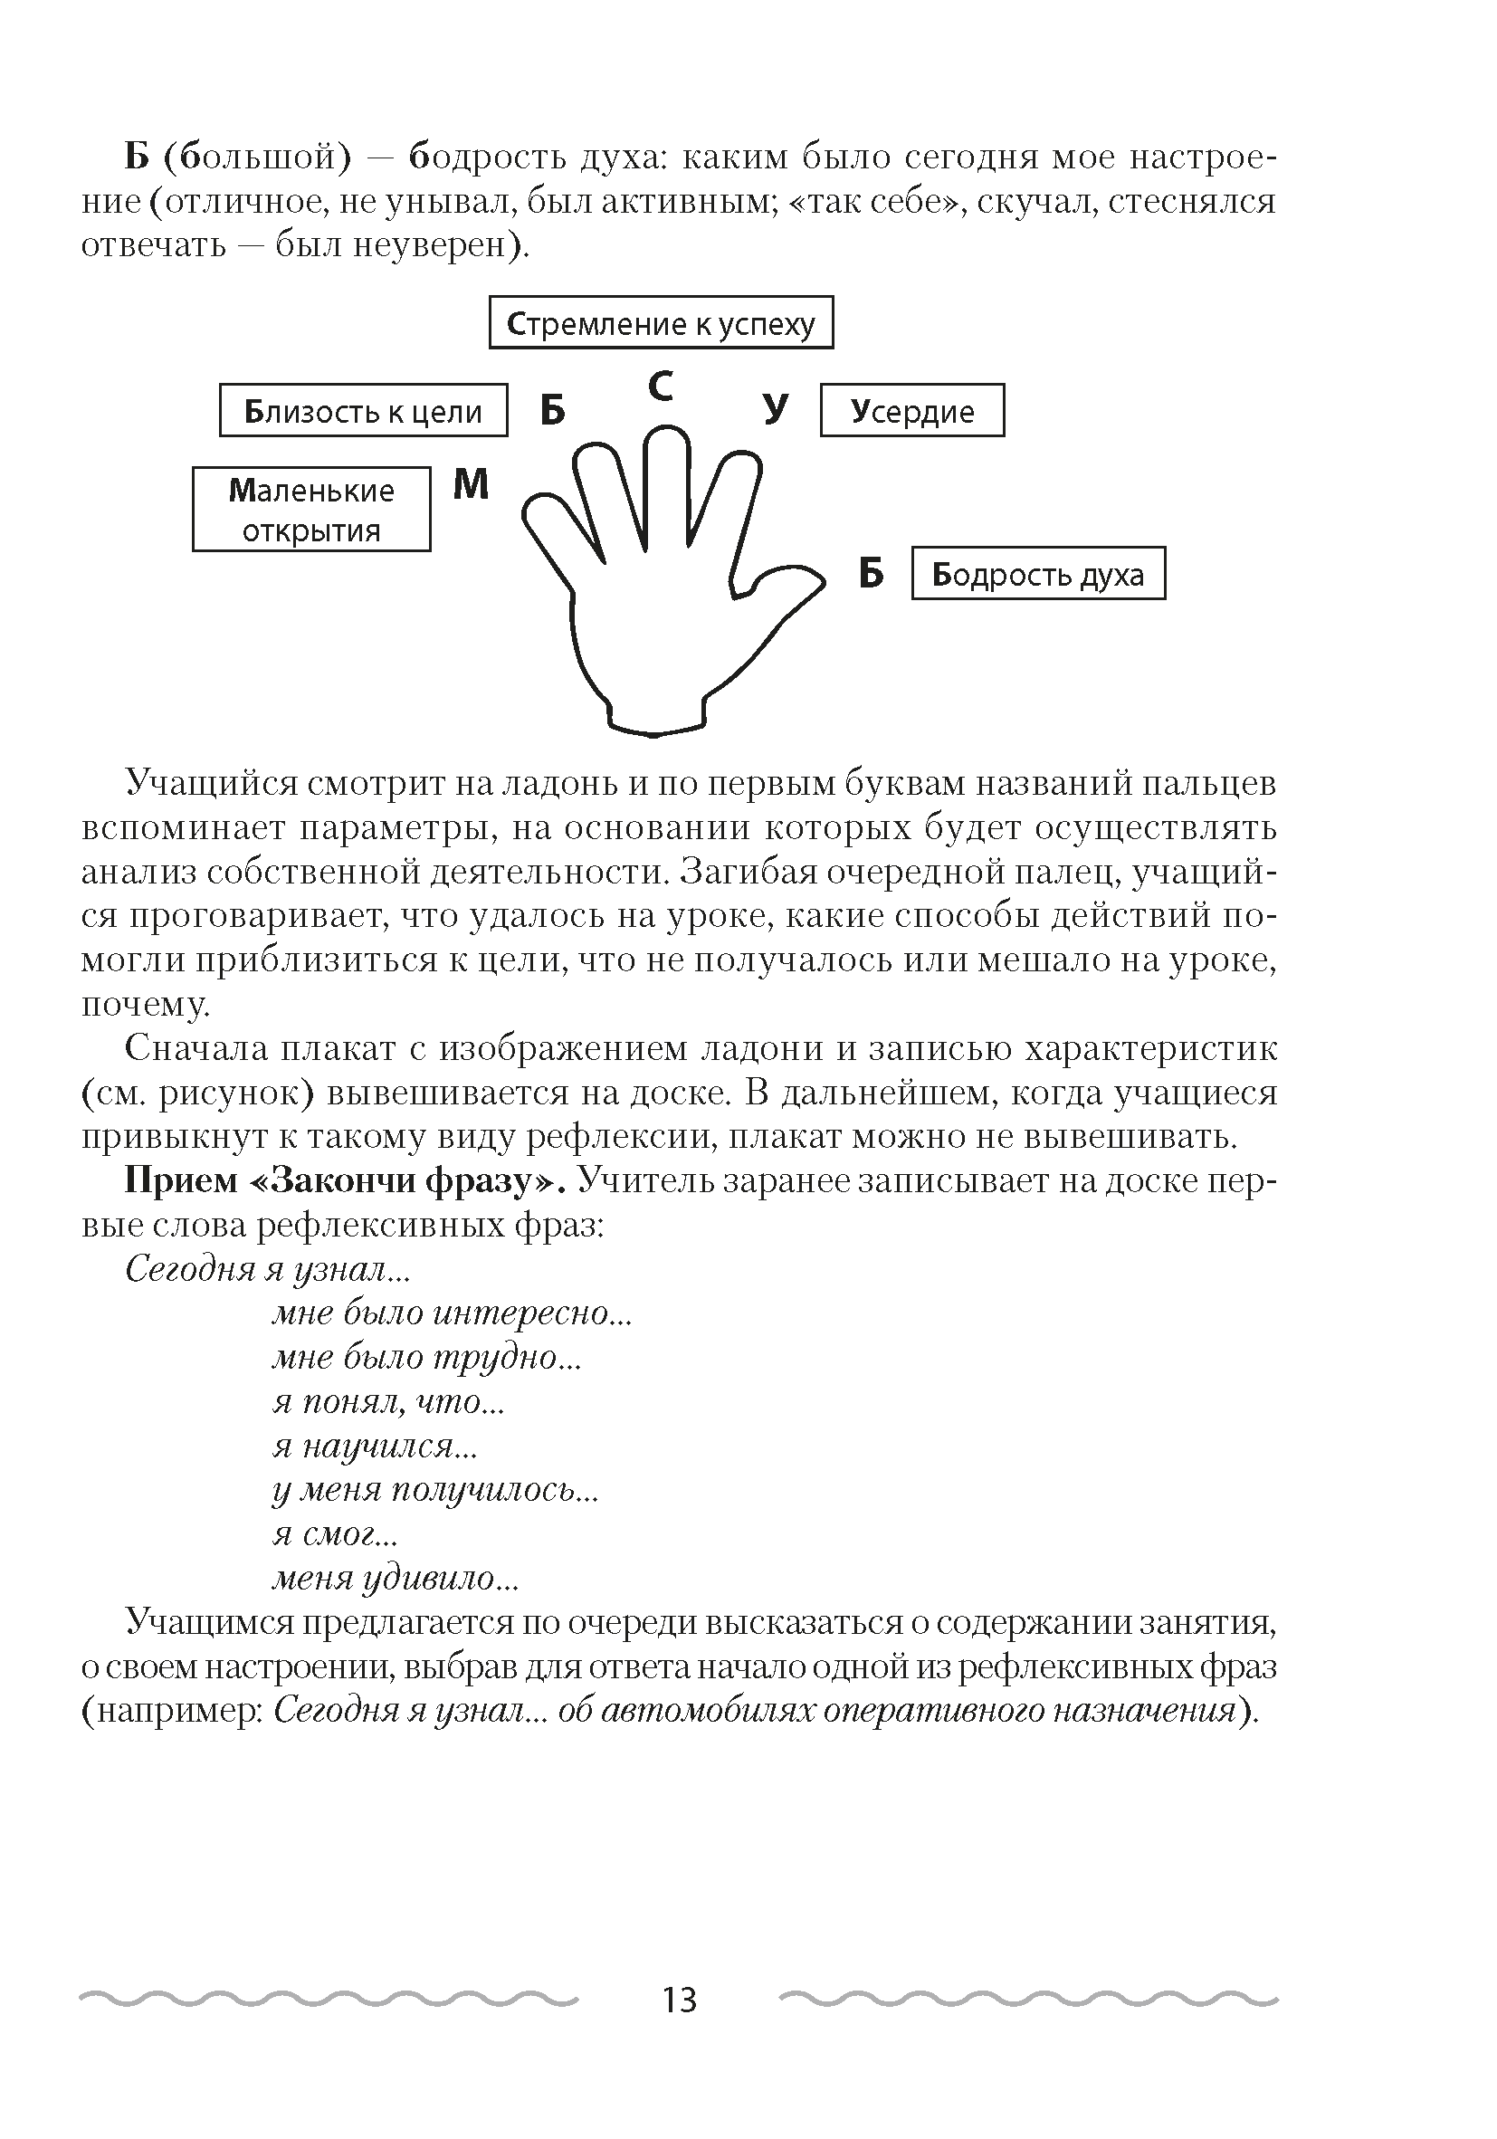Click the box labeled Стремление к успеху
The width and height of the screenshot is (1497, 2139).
(x=661, y=322)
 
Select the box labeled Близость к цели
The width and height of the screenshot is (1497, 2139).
(x=363, y=411)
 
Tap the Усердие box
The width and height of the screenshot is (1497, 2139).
(x=911, y=411)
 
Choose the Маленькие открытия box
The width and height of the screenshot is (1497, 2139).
(x=311, y=510)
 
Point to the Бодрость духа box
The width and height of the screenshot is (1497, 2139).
(x=1037, y=574)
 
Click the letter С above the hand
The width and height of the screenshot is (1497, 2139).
(x=661, y=387)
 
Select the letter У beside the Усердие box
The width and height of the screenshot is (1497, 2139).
(x=775, y=410)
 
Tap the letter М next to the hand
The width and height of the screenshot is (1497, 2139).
(x=471, y=484)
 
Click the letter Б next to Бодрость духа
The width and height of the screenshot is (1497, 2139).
(x=870, y=574)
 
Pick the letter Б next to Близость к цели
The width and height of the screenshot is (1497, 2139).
(x=552, y=411)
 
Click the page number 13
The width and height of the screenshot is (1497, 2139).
(x=679, y=2000)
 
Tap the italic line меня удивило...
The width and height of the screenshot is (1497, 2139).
(x=395, y=1578)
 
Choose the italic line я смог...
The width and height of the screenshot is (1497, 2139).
(x=334, y=1534)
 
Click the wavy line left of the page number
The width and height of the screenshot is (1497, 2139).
(x=328, y=1999)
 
